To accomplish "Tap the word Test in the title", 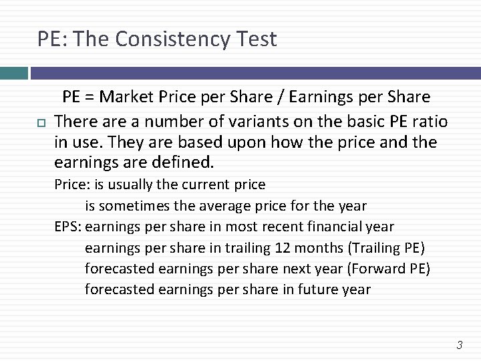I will pos(255,39).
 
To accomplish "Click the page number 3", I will pos(459,345).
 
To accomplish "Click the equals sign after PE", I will pos(92,97).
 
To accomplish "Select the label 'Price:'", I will pos(68,185).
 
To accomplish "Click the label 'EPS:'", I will pos(68,227).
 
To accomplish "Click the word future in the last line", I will pos(316,290).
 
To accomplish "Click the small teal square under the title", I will pos(13,72).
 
